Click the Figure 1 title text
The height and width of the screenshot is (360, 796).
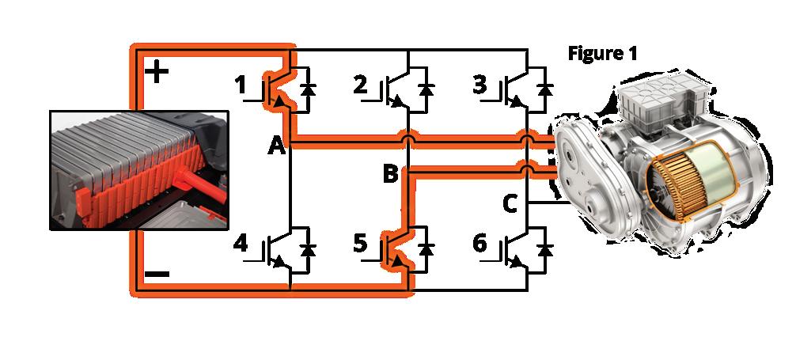pos(604,53)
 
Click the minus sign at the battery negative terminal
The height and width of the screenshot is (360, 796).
pos(157,275)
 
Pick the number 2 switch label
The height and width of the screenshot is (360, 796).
pos(362,84)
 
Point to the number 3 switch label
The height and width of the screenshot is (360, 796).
pos(478,84)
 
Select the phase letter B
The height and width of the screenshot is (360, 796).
pos(390,174)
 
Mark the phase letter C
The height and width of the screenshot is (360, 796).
pos(510,205)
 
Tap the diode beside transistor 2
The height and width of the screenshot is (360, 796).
pos(427,89)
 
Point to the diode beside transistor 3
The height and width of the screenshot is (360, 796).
pos(544,89)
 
